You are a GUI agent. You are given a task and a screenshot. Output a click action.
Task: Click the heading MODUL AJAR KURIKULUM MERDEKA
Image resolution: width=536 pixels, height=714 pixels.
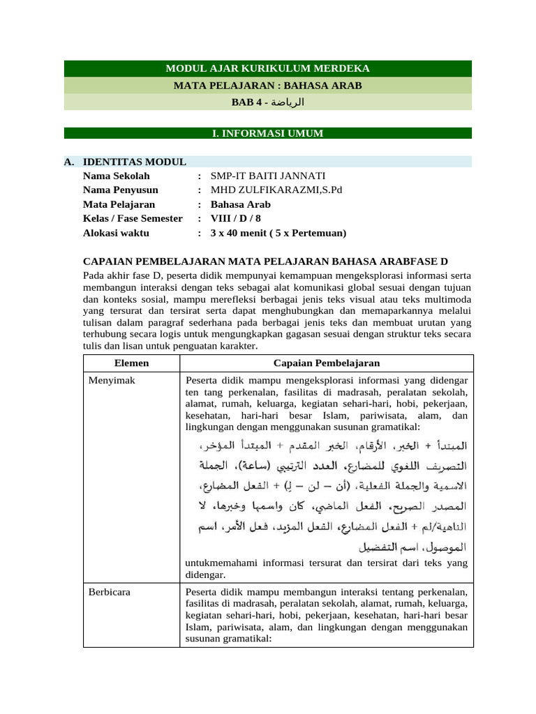267,68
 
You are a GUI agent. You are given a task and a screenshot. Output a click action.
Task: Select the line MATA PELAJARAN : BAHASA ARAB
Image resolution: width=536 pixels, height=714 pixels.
267,86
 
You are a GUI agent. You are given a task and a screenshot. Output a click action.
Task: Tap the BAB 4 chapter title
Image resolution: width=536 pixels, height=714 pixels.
267,102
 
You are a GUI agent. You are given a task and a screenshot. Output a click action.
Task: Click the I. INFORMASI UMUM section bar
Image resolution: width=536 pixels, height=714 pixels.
267,133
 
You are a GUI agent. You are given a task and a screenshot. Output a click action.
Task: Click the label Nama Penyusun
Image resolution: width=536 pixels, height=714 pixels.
121,190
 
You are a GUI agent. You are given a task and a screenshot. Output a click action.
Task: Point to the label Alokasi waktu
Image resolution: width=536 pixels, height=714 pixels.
119,233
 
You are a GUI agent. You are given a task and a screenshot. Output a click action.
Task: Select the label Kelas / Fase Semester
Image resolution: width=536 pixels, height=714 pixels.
133,218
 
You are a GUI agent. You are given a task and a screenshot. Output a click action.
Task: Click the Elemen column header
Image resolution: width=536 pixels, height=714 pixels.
131,363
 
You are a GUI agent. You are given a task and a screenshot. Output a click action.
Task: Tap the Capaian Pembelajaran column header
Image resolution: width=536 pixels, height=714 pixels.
327,363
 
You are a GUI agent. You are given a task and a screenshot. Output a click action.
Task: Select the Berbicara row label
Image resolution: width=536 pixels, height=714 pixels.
109,592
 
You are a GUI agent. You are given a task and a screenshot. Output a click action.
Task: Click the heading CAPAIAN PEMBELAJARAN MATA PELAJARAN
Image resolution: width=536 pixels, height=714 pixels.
265,261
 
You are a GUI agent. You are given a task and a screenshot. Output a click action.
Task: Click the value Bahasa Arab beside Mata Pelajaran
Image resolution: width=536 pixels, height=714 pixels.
241,204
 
